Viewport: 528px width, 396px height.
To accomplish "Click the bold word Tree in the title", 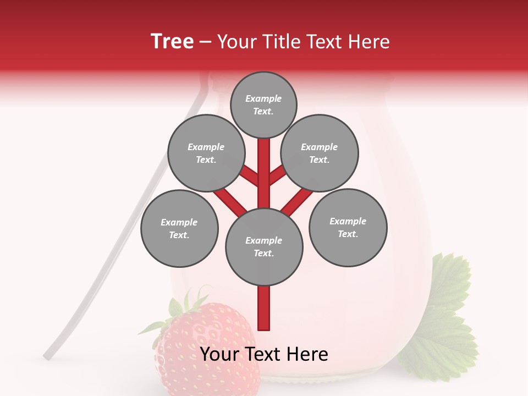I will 172,42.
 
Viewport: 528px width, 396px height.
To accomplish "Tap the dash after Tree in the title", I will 206,42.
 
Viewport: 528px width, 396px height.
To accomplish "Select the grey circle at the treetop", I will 263,105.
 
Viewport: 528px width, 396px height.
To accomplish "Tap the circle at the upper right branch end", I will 320,153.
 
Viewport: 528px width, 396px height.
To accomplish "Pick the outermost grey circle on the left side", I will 179,228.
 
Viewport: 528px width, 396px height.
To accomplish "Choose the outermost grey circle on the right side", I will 348,227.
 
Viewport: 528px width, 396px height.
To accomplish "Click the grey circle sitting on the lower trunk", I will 264,246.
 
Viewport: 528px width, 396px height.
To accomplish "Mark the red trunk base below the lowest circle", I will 264,308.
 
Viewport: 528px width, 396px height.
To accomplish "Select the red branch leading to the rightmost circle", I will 298,201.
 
